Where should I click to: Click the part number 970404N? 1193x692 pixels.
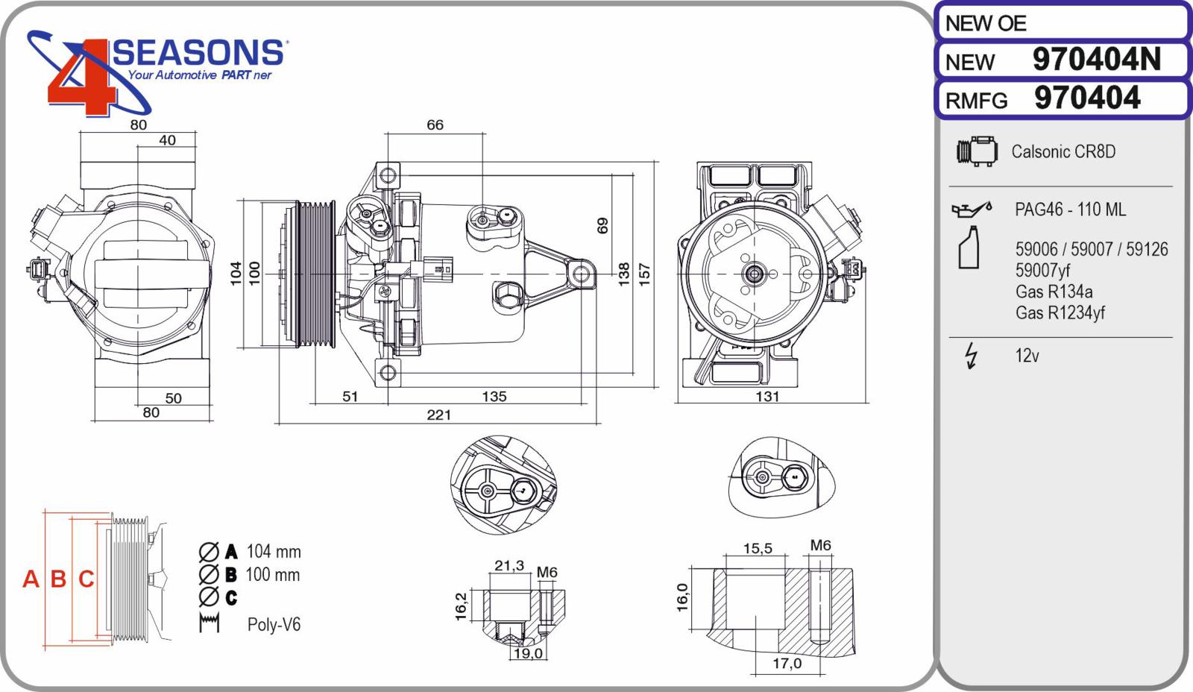click(x=1097, y=59)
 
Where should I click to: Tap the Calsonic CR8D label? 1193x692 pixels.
click(x=1063, y=152)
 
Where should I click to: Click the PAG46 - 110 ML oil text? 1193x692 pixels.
click(x=1070, y=210)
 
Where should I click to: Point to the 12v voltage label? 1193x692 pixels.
click(x=1027, y=356)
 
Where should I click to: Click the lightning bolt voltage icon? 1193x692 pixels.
click(x=972, y=356)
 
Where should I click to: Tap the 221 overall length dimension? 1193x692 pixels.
click(x=439, y=415)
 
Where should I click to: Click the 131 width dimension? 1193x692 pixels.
click(x=767, y=397)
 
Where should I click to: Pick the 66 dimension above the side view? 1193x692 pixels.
click(x=435, y=125)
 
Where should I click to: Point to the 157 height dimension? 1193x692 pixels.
click(x=644, y=274)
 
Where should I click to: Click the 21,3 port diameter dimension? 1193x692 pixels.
click(x=509, y=566)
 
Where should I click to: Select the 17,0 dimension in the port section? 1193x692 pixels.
click(x=787, y=663)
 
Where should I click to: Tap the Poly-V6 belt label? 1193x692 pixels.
click(x=274, y=624)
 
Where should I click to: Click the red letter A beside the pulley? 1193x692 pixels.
click(x=31, y=579)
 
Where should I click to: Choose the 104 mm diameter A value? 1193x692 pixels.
click(x=274, y=551)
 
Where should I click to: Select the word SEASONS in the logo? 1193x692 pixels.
click(x=198, y=53)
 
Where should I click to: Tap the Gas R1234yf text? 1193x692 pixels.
click(x=1060, y=312)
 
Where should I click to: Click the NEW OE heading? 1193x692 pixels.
click(x=985, y=23)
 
